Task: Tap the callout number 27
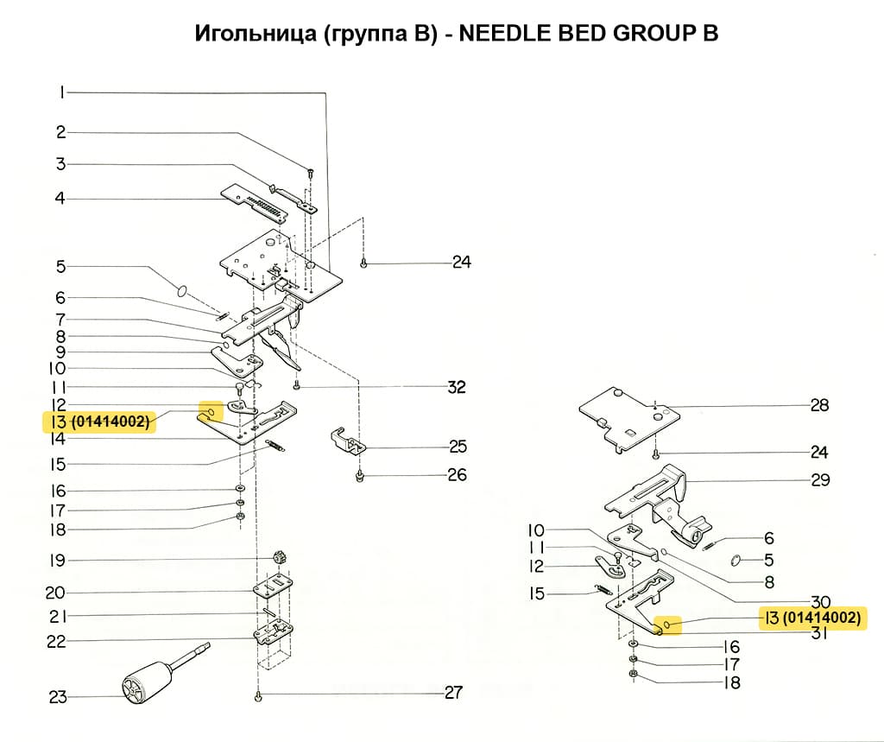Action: [x=452, y=693]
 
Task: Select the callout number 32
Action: [x=457, y=387]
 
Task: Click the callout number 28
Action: [x=819, y=405]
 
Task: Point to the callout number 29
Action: [x=819, y=480]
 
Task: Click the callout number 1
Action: [x=61, y=92]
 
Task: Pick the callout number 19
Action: [x=57, y=561]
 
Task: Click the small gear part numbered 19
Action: [x=278, y=555]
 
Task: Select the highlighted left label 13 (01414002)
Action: [x=98, y=422]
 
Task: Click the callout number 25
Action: [x=458, y=447]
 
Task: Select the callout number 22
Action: [x=57, y=642]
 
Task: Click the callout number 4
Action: [x=60, y=199]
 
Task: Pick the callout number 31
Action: [x=819, y=633]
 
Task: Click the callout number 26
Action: [x=457, y=475]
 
